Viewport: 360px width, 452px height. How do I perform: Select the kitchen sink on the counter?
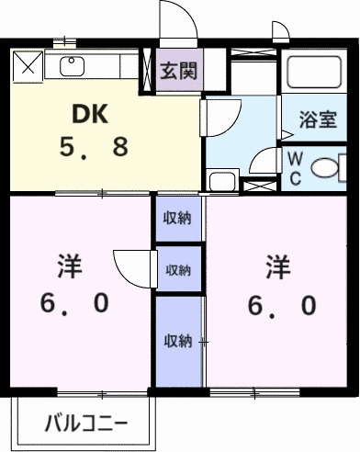72,66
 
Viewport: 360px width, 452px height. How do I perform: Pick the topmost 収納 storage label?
177,219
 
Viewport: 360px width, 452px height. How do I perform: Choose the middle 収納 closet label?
177,270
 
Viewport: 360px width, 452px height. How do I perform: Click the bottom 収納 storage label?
177,340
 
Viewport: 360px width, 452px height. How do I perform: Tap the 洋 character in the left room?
70,267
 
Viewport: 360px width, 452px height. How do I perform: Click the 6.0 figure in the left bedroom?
75,303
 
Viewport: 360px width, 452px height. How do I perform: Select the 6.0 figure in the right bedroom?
282,303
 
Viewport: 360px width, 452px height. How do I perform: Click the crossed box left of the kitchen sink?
27,65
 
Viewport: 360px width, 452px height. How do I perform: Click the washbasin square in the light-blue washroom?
219,179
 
